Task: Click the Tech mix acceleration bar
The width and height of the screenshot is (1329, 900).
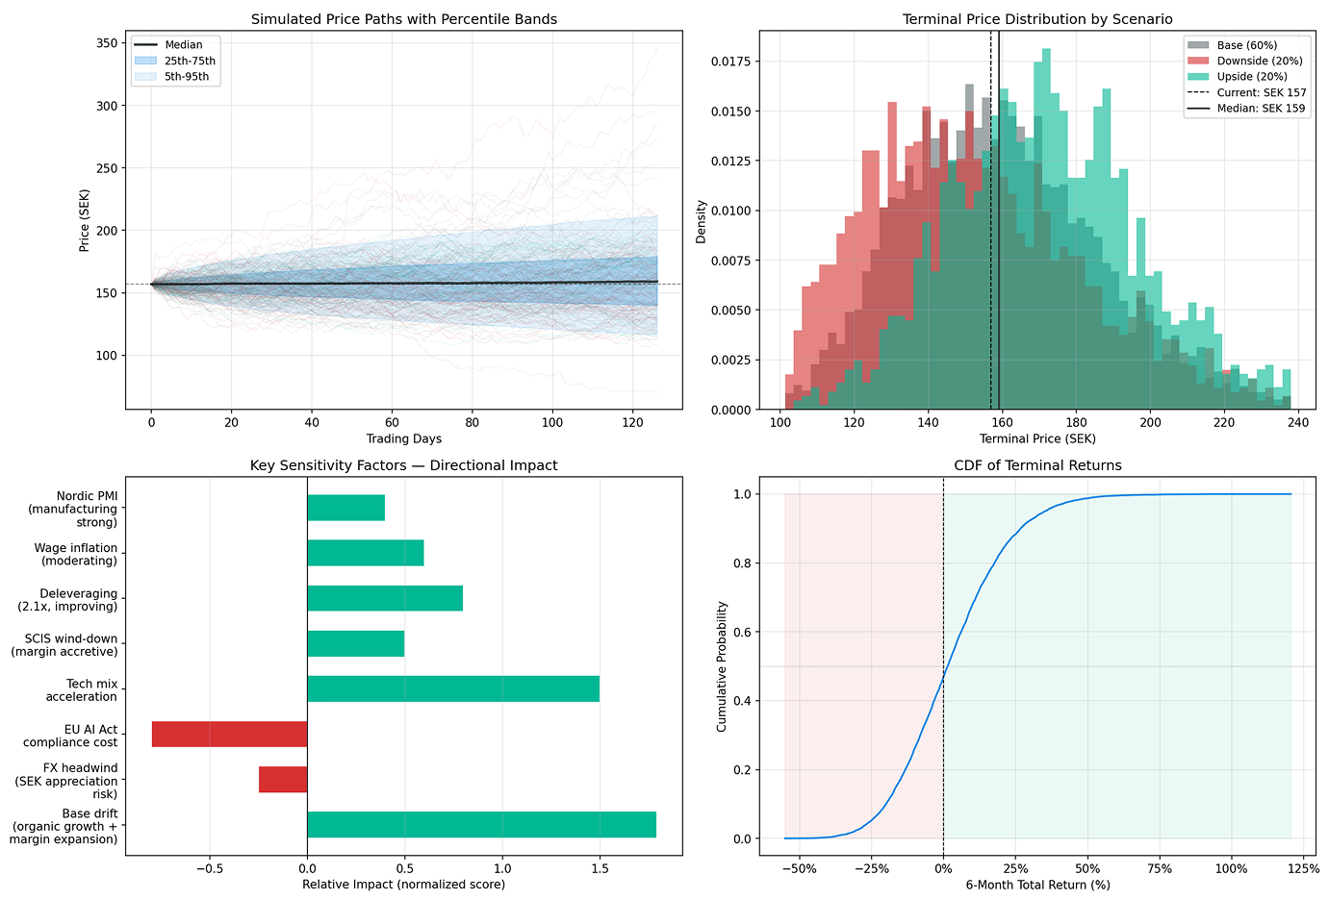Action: pos(452,688)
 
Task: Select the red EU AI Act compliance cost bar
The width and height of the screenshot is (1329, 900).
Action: pos(229,734)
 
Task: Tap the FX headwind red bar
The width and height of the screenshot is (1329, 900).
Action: pos(283,779)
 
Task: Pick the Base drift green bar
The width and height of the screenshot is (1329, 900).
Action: pos(481,824)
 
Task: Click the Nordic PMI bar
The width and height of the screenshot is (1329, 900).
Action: pos(345,508)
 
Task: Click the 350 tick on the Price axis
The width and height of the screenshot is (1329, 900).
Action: pos(107,43)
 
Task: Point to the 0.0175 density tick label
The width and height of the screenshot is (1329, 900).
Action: pos(730,62)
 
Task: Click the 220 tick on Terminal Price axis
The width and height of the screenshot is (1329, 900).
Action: pos(1223,422)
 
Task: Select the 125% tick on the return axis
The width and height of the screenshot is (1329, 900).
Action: pos(1303,868)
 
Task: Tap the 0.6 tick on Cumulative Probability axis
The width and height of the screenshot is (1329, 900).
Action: pos(742,632)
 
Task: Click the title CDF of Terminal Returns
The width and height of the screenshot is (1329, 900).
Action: pos(1037,465)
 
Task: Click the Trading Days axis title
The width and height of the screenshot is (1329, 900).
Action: pos(403,438)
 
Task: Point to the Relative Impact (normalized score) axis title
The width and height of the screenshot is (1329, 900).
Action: pos(403,885)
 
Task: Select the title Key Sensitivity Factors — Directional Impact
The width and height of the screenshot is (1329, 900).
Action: pos(403,465)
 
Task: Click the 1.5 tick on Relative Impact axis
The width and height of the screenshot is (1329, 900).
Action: pos(600,868)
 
